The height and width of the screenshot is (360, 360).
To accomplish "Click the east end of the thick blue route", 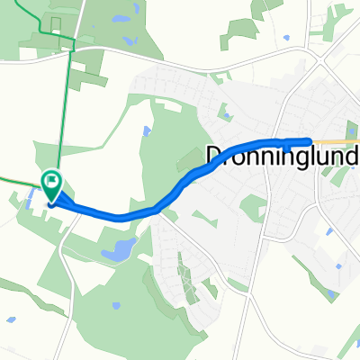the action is point(309,140).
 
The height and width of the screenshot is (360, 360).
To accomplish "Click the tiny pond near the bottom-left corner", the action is point(11,319).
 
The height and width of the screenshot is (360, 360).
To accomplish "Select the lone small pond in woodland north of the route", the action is point(146,131).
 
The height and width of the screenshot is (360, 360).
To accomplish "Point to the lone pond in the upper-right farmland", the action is point(285,38).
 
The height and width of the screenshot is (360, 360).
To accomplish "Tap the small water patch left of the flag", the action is point(32,192).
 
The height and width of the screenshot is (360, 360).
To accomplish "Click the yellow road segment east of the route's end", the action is point(337,141).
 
